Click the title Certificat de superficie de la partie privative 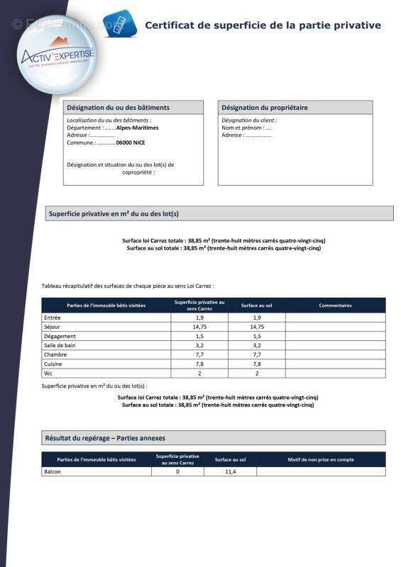(263, 26)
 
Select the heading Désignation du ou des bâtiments (118, 108)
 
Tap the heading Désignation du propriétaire (265, 108)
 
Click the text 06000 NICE (131, 142)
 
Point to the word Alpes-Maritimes (138, 128)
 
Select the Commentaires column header (335, 305)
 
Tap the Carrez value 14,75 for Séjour (199, 327)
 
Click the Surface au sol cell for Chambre (257, 354)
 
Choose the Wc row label (48, 373)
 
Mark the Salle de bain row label (60, 345)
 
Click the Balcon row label (53, 471)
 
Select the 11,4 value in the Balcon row (230, 471)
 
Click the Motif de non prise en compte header (321, 459)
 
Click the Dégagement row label (60, 336)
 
